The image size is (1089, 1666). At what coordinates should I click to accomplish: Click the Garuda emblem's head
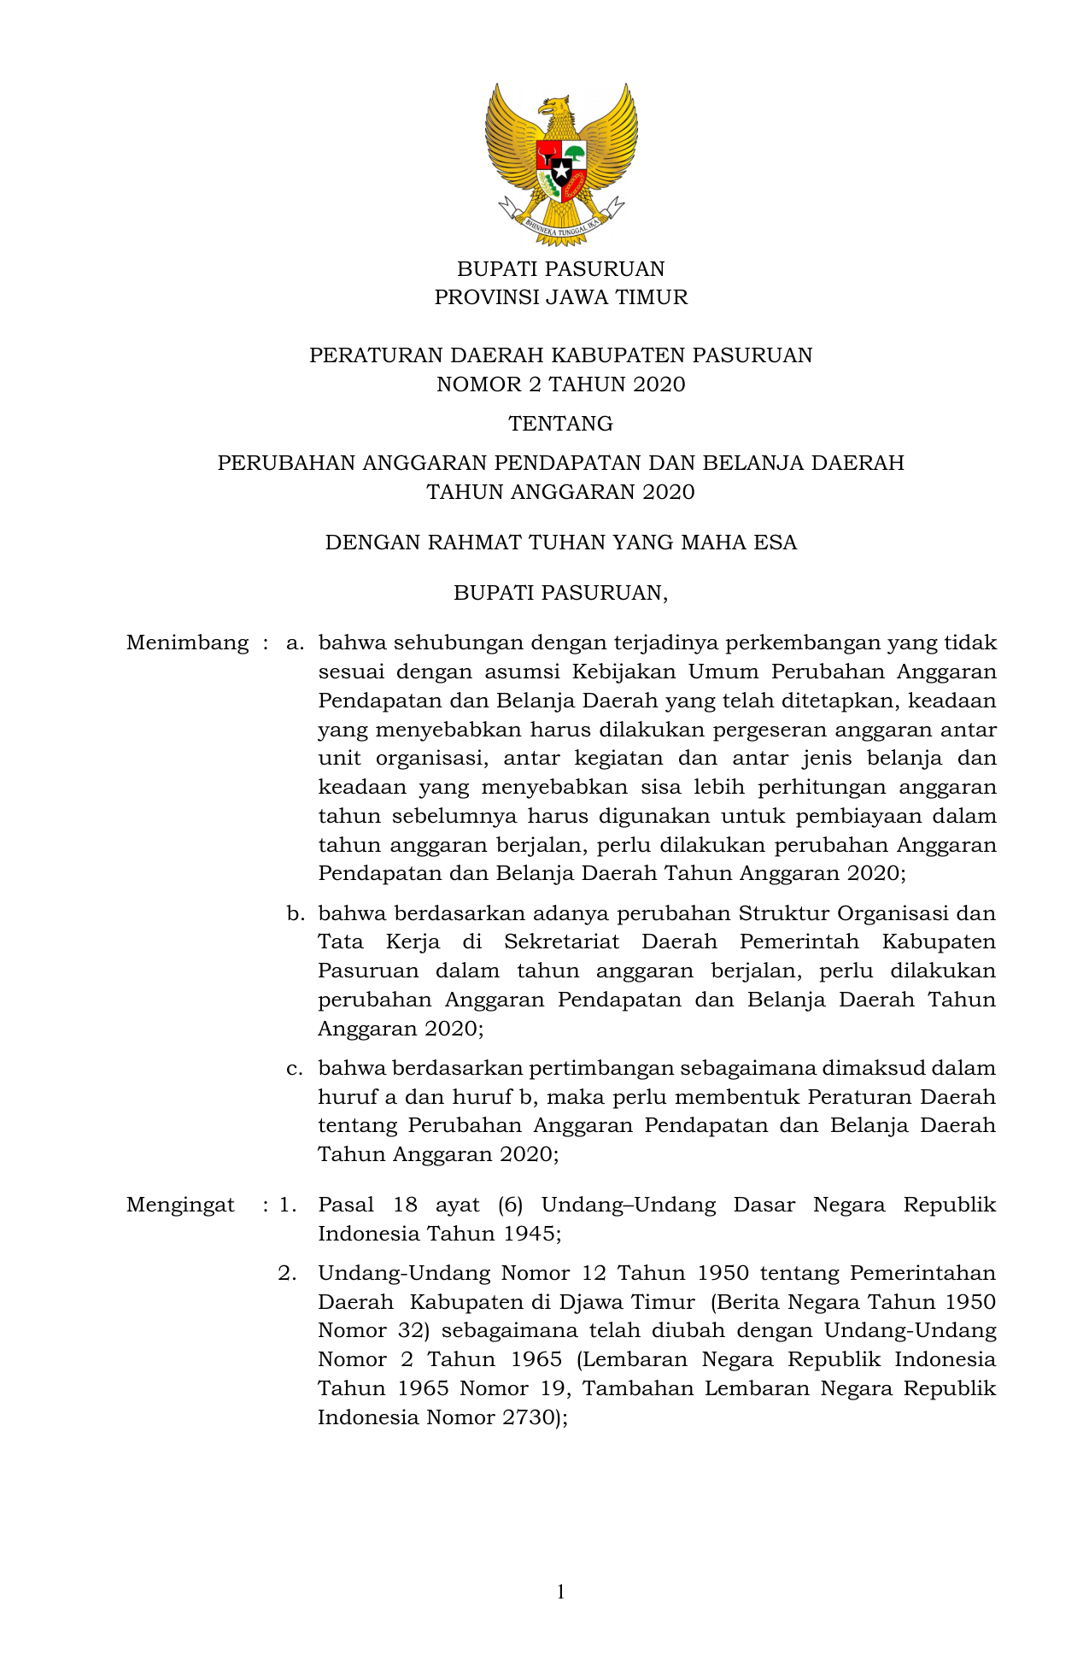(x=553, y=109)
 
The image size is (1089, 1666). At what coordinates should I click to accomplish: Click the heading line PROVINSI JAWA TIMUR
(x=560, y=297)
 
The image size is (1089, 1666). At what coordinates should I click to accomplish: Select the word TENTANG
(x=560, y=424)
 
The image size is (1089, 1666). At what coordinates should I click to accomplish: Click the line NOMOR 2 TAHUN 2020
(x=560, y=384)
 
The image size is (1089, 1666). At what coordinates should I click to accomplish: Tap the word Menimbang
(x=187, y=642)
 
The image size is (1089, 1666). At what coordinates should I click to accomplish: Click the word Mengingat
(x=180, y=1205)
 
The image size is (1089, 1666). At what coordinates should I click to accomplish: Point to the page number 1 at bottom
(x=560, y=1592)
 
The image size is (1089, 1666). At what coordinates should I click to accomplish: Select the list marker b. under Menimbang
(x=296, y=913)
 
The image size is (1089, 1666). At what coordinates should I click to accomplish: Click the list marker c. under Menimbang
(x=296, y=1068)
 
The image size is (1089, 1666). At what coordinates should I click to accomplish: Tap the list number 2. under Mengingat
(x=288, y=1273)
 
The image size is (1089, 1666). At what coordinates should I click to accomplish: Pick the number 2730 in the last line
(x=523, y=1417)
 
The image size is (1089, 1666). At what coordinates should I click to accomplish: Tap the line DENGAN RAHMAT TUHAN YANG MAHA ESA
(x=560, y=543)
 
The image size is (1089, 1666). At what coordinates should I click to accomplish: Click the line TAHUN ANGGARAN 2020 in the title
(x=560, y=492)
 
